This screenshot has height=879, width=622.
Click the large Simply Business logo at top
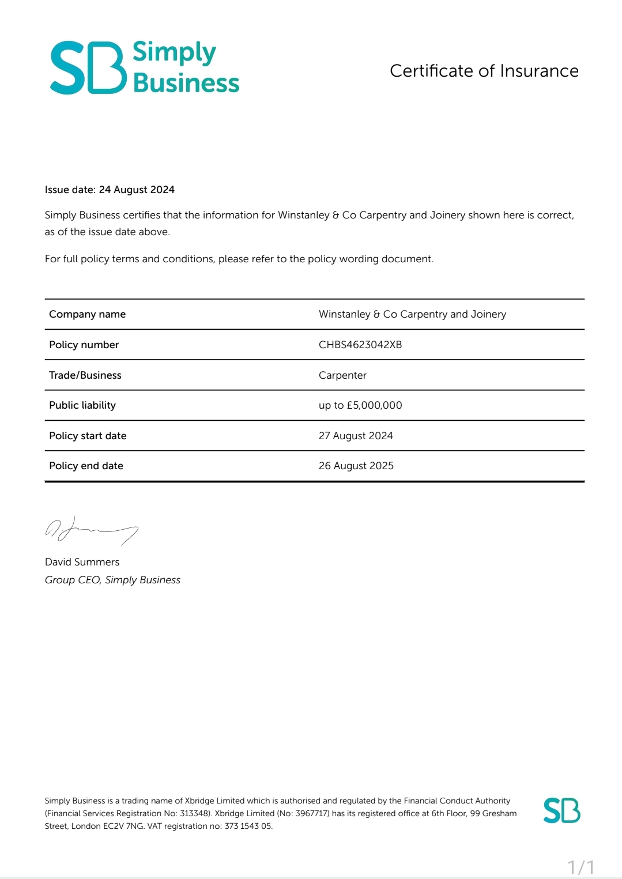[144, 67]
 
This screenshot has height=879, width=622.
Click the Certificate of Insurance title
[484, 71]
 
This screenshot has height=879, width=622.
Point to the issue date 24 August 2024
[137, 190]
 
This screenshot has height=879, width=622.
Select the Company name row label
[87, 314]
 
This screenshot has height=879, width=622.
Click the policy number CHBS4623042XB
[360, 345]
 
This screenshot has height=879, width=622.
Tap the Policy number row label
[84, 345]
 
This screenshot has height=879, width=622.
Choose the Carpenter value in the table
[342, 375]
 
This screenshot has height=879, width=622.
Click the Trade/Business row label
[85, 375]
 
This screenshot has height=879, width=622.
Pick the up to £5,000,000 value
[360, 405]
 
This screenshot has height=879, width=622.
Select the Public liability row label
[82, 405]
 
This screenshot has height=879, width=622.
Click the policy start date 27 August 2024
[356, 436]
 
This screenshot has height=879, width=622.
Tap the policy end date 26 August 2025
[356, 466]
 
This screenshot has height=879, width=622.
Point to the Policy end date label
[86, 466]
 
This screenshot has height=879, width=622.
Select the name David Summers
[82, 562]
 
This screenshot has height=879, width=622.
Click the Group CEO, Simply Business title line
[112, 580]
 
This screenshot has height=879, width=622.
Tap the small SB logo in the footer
[561, 810]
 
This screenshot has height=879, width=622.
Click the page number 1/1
[580, 867]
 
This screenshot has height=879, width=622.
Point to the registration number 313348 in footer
[195, 813]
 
